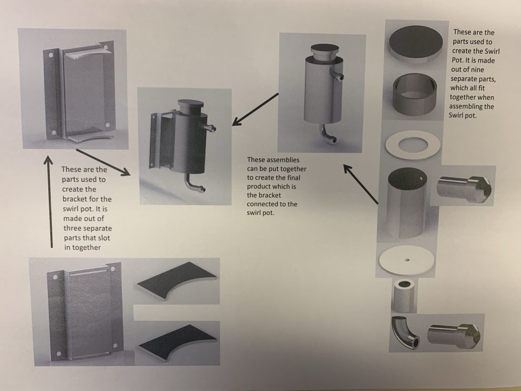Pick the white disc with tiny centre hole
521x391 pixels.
pos(407,260)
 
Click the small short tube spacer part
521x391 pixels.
pos(404,296)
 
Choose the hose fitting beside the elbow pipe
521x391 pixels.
pos(454,337)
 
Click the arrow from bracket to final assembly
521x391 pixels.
pos(103,162)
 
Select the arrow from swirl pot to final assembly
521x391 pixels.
pos(255,109)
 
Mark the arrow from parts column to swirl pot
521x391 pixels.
pos(361,183)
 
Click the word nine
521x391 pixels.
pos(477,69)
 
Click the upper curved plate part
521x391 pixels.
pos(177,281)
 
